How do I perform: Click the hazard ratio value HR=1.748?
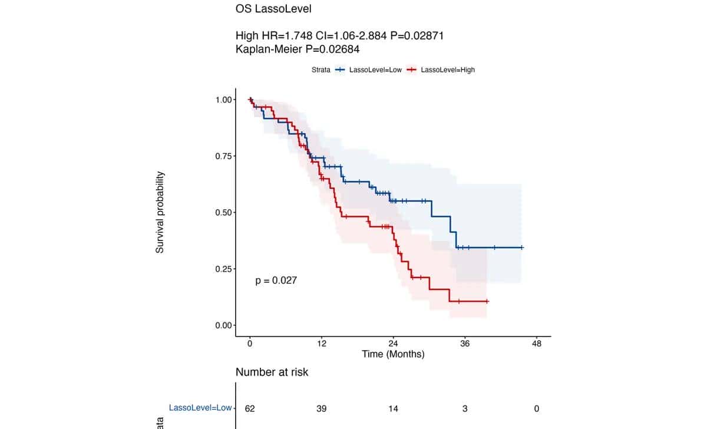pos(282,36)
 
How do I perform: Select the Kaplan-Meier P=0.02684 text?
pos(298,49)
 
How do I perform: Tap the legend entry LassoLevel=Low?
pos(375,70)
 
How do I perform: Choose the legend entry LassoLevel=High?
pos(448,70)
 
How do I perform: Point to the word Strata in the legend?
pos(321,70)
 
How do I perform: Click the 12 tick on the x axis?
pos(322,344)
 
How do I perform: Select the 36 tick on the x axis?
pos(465,344)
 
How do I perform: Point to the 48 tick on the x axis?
pos(536,344)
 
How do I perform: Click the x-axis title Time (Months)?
pos(393,354)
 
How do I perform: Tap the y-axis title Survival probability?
pos(160,213)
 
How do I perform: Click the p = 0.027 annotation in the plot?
pos(276,281)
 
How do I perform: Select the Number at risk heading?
pos(272,372)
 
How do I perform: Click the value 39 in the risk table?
pos(322,408)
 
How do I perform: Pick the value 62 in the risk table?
pos(250,408)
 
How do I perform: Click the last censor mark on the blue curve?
pos(521,247)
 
